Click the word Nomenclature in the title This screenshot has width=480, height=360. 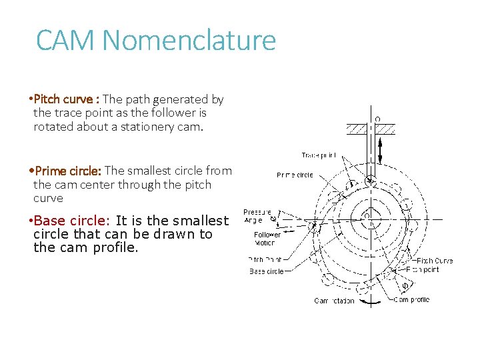click(187, 41)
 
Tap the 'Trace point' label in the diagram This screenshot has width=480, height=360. click(318, 155)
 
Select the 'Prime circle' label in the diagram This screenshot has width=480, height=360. click(295, 175)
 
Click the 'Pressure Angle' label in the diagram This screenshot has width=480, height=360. click(256, 215)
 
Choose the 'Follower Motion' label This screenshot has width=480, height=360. click(267, 239)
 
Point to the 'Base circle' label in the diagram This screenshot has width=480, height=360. click(267, 272)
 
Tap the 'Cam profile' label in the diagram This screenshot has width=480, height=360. click(411, 300)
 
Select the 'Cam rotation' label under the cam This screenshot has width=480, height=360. click(335, 301)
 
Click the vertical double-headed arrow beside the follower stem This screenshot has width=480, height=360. click(381, 150)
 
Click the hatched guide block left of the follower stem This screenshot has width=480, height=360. click(357, 129)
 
